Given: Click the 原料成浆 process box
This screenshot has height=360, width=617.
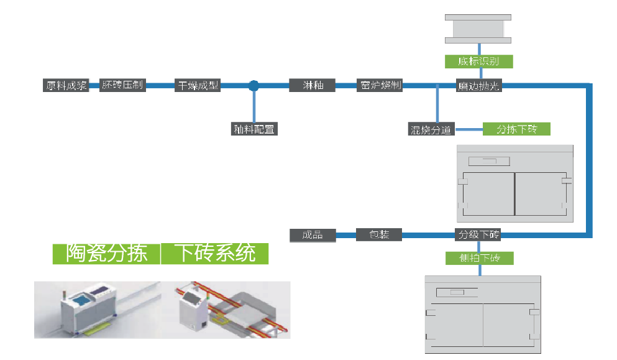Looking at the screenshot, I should click(66, 85).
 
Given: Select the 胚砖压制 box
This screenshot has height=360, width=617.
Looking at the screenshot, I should click(122, 85).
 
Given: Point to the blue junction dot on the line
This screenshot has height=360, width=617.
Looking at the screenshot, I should click(254, 86).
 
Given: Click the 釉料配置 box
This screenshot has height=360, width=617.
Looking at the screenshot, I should click(254, 129).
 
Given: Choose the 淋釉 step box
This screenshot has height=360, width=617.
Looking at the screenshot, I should click(312, 85).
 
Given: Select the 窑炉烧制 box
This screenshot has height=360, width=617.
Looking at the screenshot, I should click(380, 85).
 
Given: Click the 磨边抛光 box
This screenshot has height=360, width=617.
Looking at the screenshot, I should click(478, 86).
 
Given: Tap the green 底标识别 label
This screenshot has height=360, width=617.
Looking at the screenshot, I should click(479, 61).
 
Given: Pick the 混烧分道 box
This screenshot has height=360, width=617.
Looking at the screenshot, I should click(431, 129).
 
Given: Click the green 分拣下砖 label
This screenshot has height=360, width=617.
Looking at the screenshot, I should click(516, 129).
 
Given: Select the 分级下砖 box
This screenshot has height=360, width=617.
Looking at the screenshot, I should click(478, 234).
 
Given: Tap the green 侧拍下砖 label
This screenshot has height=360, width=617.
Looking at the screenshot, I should click(479, 257).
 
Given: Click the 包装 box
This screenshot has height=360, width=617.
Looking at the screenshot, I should click(379, 234).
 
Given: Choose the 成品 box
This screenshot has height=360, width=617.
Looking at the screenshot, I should click(313, 234).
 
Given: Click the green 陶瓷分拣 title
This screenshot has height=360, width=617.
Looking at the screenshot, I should click(106, 253).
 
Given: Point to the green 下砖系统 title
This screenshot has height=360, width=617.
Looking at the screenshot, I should click(215, 253).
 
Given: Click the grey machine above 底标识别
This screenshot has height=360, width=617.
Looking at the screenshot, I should click(478, 29).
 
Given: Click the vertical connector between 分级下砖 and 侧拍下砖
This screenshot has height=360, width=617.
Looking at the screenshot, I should click(479, 246).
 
